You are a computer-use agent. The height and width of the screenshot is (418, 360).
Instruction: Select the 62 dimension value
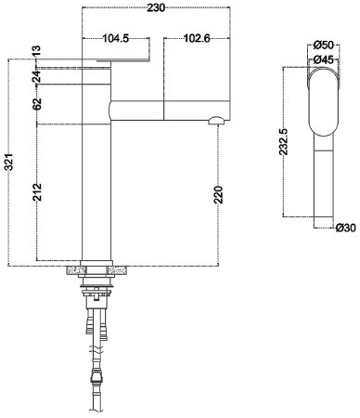pyautogui.click(x=37, y=103)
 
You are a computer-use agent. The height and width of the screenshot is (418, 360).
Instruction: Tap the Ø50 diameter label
pyautogui.click(x=325, y=45)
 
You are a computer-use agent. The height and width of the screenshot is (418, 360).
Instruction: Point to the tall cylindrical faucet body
pyautogui.click(x=96, y=176)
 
